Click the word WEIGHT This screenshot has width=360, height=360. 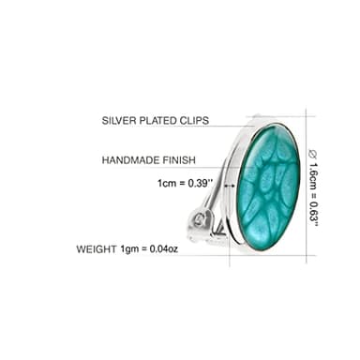97,249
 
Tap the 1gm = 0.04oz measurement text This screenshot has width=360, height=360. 150,249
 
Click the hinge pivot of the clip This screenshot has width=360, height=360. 199,220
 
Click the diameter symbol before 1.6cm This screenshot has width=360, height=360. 313,152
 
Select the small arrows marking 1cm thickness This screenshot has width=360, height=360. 230,185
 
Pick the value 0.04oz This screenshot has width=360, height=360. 163,249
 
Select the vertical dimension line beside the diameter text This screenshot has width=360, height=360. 305,187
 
